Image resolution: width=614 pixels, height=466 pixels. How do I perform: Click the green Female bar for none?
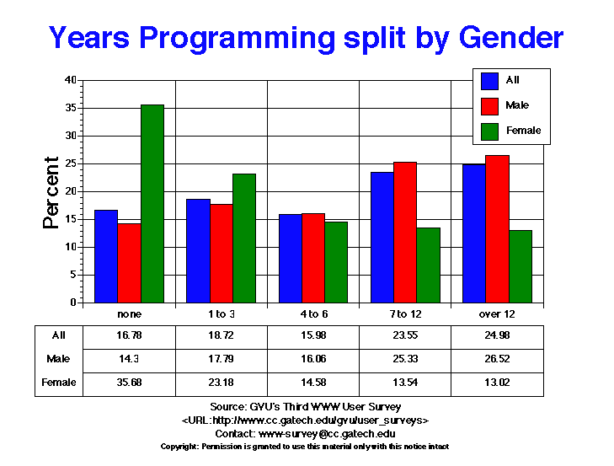click(x=152, y=203)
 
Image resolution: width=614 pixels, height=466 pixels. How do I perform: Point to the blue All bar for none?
click(x=106, y=255)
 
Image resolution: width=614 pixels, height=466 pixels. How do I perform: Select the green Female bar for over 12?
click(x=520, y=265)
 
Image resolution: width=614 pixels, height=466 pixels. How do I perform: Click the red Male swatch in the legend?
click(x=489, y=105)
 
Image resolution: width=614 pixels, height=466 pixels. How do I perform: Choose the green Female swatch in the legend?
click(x=489, y=131)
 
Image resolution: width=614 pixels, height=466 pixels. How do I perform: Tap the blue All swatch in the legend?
click(x=489, y=81)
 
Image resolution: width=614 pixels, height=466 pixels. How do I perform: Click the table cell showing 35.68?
click(x=129, y=382)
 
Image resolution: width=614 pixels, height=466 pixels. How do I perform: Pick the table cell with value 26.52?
click(x=498, y=358)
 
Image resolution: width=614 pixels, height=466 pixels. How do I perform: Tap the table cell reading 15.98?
click(x=313, y=335)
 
